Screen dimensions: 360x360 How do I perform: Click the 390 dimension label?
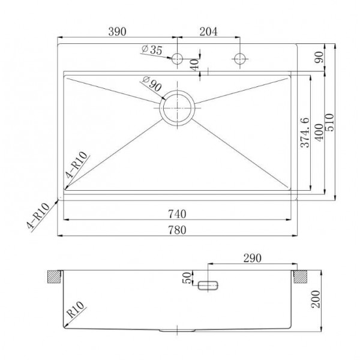pos(117,31)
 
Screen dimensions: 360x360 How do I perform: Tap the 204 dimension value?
pos(208,31)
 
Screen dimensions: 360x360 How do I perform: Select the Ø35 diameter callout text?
pos(152,50)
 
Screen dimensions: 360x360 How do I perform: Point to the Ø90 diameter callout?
pos(152,83)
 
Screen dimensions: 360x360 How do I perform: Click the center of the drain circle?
pos(177,108)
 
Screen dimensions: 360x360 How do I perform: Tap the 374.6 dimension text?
pos(305,133)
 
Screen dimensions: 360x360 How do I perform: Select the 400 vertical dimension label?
pos(319,133)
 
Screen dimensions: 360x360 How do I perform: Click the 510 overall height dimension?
pos(329,122)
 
